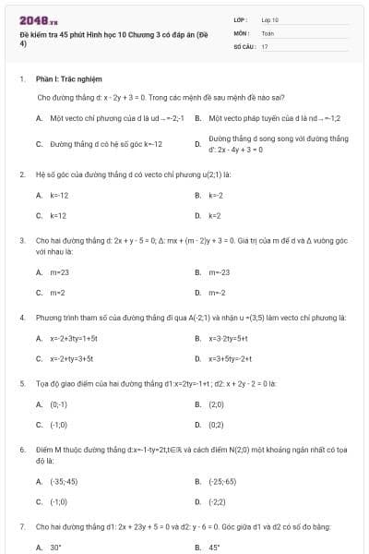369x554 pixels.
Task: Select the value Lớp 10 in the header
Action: click(x=270, y=19)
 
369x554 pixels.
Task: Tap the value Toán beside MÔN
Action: click(x=268, y=32)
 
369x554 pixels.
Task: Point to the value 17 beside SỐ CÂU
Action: click(x=265, y=45)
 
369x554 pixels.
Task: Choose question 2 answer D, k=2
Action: click(x=214, y=215)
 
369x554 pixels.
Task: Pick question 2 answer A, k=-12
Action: click(x=58, y=195)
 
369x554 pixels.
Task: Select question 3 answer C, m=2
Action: click(x=57, y=292)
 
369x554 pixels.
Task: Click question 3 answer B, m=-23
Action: click(x=219, y=272)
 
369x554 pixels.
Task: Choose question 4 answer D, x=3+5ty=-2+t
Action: click(x=231, y=358)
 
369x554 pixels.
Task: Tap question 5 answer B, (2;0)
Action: click(x=216, y=404)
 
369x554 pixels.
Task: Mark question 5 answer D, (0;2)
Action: click(x=216, y=425)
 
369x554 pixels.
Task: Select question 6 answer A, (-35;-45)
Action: click(x=64, y=481)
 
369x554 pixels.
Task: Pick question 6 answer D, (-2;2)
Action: click(x=218, y=501)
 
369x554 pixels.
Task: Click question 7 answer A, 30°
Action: click(x=55, y=547)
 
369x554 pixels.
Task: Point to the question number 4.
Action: click(x=21, y=318)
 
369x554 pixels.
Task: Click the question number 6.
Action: click(x=21, y=450)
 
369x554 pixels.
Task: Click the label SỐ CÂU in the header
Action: click(x=244, y=45)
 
